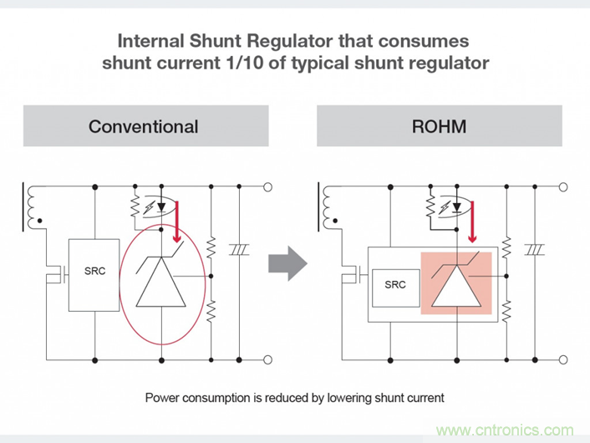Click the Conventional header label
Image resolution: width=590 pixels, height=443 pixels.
[x=143, y=127]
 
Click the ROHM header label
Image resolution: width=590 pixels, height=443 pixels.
[x=439, y=127]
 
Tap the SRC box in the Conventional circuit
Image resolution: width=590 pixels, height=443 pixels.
[x=95, y=274]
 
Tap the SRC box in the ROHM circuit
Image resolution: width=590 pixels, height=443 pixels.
[x=394, y=283]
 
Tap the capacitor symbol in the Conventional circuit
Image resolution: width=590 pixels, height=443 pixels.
[x=240, y=249]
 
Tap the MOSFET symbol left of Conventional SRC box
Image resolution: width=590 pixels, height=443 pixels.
[x=53, y=272]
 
